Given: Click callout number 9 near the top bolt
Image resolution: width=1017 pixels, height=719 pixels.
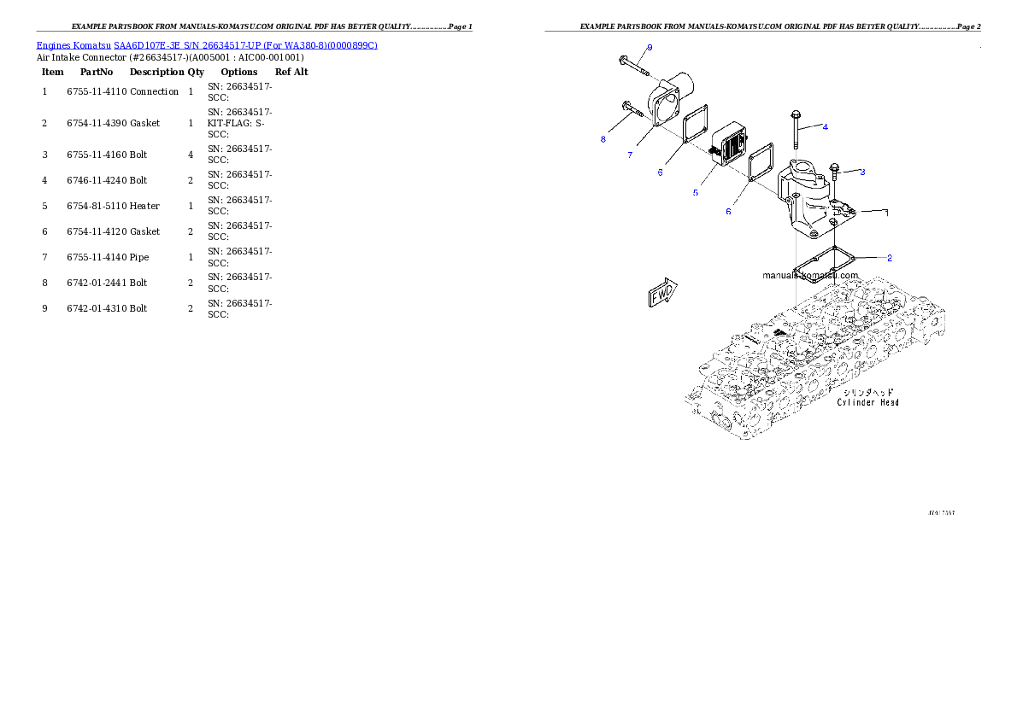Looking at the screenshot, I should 650,47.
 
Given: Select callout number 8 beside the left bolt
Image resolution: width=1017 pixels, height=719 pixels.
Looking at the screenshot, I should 603,138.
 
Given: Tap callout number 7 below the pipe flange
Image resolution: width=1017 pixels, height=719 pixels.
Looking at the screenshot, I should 629,155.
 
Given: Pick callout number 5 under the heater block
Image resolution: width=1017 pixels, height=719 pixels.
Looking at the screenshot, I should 696,193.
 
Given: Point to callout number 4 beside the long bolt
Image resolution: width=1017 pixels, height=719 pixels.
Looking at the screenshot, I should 826,126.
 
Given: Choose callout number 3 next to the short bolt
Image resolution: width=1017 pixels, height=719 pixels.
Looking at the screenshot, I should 862,172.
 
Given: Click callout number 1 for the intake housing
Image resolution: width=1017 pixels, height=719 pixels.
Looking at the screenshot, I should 886,213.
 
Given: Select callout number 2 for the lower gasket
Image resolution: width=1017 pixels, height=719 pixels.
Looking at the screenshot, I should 890,257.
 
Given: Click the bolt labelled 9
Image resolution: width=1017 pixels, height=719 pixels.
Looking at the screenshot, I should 629,62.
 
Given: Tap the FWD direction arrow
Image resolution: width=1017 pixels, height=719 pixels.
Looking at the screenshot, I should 662,293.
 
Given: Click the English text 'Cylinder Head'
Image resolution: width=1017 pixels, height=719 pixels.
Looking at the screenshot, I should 867,402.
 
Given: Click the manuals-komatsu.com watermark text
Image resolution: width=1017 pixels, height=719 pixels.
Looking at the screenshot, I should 810,275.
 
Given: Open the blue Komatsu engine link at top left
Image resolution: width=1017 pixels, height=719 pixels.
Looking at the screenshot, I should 207,45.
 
